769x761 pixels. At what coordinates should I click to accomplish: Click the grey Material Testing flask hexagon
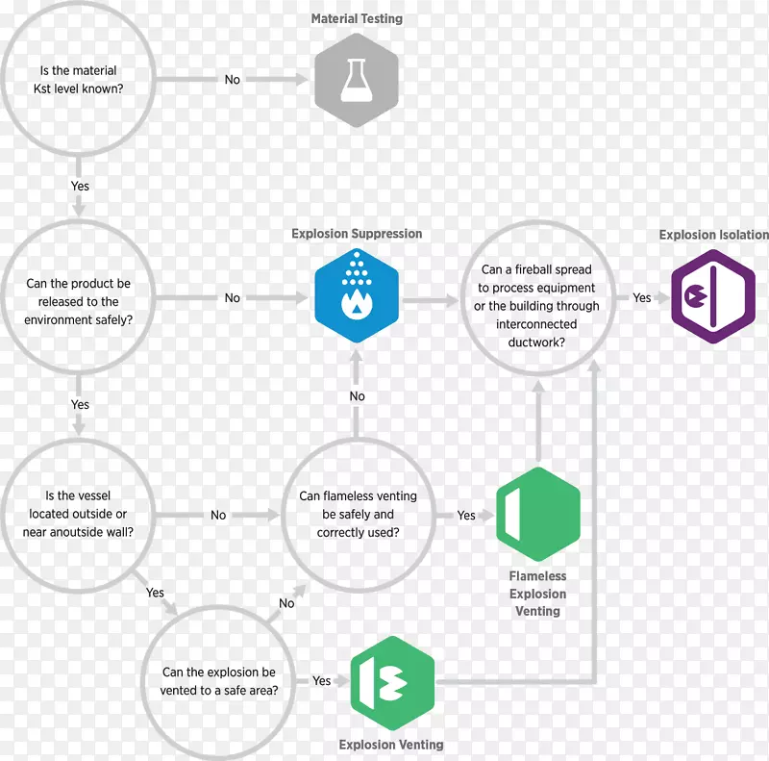[357, 81]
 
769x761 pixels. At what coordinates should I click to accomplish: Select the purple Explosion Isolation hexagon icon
[712, 296]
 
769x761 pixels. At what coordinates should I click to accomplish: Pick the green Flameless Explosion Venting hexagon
[537, 516]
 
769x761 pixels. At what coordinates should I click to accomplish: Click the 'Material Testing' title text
[357, 18]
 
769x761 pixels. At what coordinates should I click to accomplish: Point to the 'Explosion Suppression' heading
[357, 234]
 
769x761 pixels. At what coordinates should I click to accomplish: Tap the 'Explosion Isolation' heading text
[713, 235]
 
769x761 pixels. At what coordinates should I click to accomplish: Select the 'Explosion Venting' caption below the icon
[391, 745]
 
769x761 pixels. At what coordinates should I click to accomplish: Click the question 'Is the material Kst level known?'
[79, 80]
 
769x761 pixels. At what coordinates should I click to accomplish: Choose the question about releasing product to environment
[79, 301]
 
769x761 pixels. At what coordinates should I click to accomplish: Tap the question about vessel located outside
[79, 515]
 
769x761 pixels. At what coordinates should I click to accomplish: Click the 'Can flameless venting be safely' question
[358, 515]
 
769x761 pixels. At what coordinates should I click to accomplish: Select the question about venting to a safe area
[219, 681]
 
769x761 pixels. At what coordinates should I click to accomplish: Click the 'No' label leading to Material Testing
[233, 80]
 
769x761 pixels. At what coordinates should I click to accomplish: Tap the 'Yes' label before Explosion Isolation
[642, 298]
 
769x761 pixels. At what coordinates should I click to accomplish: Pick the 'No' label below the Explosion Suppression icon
[358, 396]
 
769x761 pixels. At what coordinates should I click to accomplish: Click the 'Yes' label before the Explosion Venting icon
[321, 681]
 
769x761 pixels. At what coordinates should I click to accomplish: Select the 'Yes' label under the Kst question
[80, 186]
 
